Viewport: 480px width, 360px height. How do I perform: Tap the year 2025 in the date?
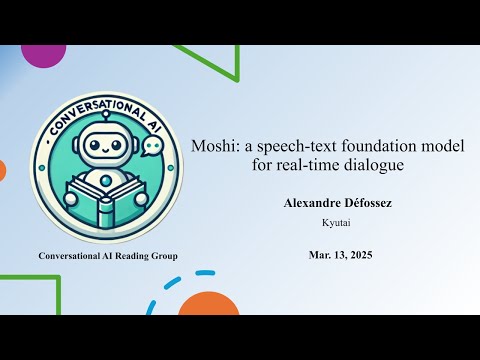pos(357,255)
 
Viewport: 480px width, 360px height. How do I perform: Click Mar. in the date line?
pos(320,255)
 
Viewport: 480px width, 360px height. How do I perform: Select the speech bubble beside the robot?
pos(151,147)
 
